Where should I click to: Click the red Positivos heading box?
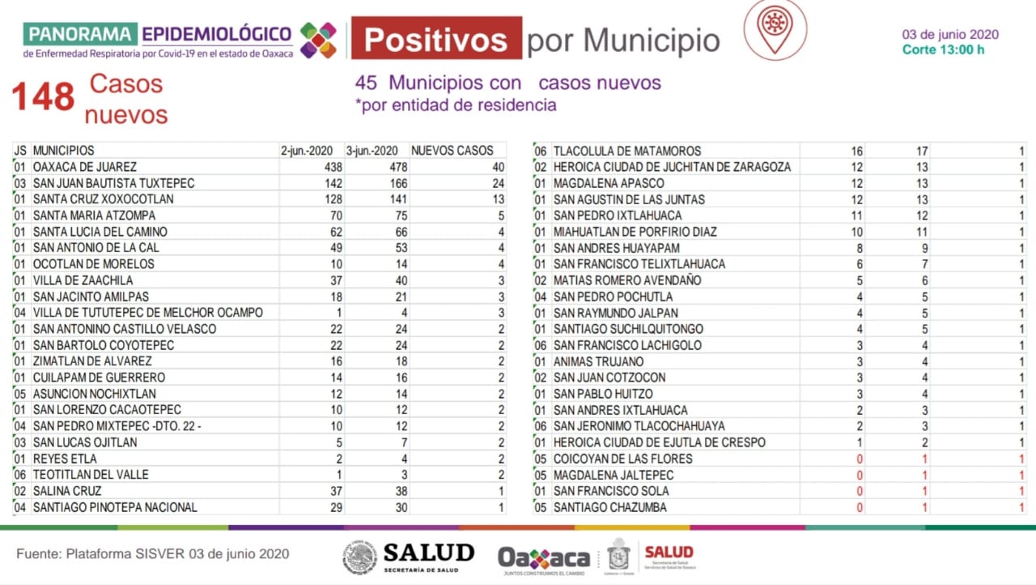click(x=436, y=38)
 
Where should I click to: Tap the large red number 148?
click(x=43, y=98)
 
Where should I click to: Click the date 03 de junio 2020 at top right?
click(x=950, y=35)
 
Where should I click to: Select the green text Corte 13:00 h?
click(x=944, y=50)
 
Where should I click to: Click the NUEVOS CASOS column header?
click(x=452, y=151)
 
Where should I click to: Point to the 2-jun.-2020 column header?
click(x=307, y=151)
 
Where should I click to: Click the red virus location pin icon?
click(x=775, y=29)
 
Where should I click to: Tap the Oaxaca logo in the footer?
click(x=544, y=557)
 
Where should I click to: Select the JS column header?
click(x=20, y=151)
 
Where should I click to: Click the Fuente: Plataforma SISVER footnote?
click(x=152, y=554)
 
